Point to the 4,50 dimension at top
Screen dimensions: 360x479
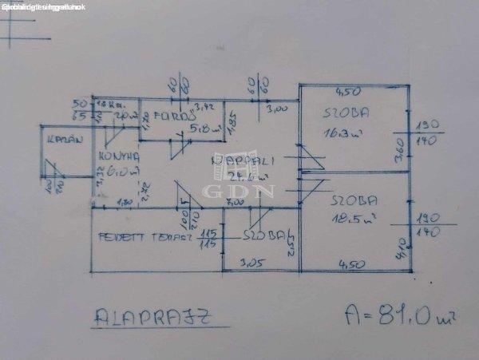[346, 90]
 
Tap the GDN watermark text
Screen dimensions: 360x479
[250, 191]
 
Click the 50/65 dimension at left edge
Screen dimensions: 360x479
[79, 110]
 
